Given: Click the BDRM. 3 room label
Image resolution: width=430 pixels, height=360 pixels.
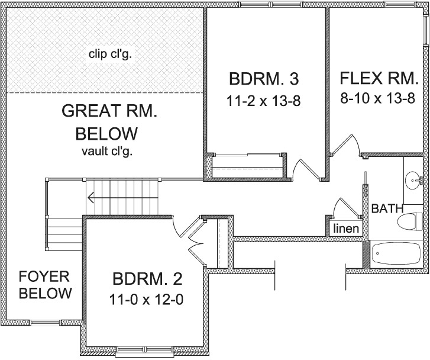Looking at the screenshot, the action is [x=264, y=79].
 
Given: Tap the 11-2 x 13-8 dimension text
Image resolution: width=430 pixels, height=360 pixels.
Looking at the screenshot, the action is [x=264, y=101].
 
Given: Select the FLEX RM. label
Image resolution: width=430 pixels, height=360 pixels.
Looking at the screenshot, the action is [x=379, y=78].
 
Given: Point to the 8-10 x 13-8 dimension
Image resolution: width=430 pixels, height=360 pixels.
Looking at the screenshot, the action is [x=377, y=98].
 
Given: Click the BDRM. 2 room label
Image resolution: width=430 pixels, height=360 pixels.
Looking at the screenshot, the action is [x=147, y=279].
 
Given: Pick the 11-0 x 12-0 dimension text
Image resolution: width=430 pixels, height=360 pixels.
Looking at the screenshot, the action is [x=146, y=300].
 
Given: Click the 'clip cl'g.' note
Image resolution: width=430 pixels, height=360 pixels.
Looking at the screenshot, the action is [x=110, y=54].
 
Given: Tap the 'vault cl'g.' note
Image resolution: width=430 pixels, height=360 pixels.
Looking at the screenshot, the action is [x=107, y=152].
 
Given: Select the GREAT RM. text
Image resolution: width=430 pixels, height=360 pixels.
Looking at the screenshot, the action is [x=109, y=111].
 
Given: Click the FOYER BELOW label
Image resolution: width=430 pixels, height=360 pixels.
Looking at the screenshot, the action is [x=46, y=285].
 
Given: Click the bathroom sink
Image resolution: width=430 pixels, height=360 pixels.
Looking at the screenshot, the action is [x=413, y=181].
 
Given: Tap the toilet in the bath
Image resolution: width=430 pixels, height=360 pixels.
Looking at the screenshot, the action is [x=410, y=221].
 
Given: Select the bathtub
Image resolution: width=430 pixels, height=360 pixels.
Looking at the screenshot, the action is [x=396, y=254].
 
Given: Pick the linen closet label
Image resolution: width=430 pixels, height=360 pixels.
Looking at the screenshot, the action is [x=346, y=229].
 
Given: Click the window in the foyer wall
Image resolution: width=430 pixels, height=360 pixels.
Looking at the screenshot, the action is [x=46, y=323].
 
